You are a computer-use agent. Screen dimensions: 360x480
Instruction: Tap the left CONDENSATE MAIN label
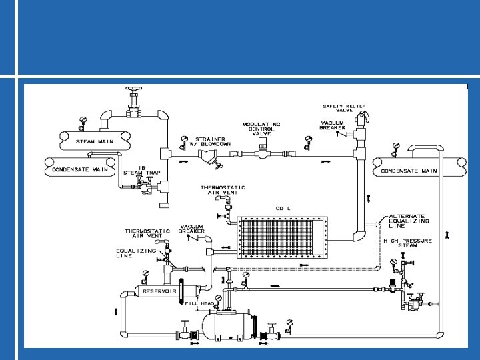pyautogui.click(x=81, y=169)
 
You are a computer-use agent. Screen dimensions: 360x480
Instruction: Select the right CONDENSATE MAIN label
pyautogui.click(x=409, y=171)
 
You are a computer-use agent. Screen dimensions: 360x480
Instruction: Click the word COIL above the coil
pyautogui.click(x=283, y=208)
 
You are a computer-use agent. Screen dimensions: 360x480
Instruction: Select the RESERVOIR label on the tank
pyautogui.click(x=159, y=291)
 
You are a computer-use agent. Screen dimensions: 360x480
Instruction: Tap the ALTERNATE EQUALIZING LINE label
pyautogui.click(x=409, y=221)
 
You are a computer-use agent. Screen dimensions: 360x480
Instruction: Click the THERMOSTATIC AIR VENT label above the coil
pyautogui.click(x=223, y=190)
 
